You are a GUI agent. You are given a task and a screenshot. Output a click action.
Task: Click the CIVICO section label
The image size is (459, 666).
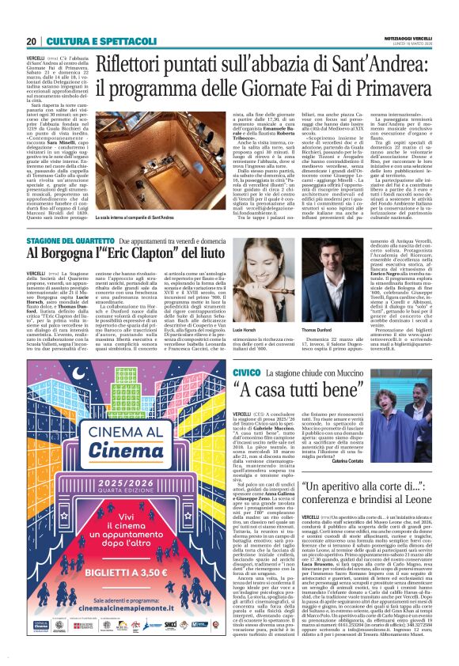click(x=245, y=371)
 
